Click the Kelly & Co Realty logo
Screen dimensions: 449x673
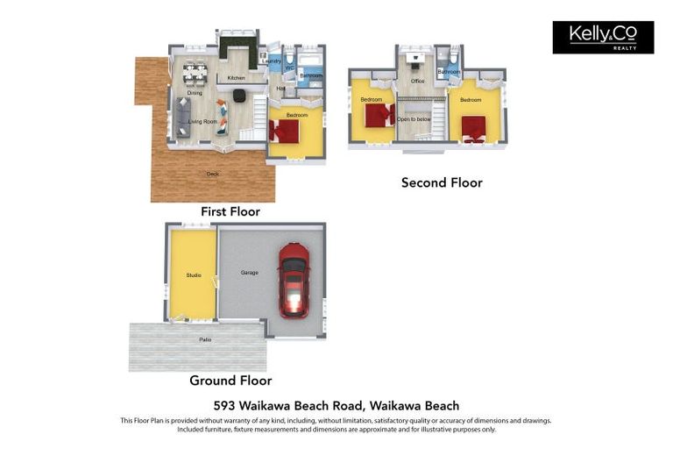[603, 37]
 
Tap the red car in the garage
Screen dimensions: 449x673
[293, 280]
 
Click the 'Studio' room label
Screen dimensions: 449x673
[193, 275]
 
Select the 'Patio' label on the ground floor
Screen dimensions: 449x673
[205, 339]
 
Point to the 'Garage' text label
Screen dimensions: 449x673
[250, 273]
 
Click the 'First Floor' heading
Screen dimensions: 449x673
[230, 211]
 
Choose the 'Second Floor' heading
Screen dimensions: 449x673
[442, 182]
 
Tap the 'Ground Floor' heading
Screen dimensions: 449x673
[230, 381]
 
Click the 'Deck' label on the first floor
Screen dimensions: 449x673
[212, 174]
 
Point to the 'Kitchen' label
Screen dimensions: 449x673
[237, 78]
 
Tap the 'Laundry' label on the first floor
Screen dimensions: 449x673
[273, 61]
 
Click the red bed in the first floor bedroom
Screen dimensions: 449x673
[285, 131]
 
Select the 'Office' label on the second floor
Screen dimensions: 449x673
[418, 82]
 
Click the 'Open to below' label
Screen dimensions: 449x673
[414, 118]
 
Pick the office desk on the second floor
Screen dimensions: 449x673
[418, 57]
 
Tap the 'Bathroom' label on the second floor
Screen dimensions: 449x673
[449, 72]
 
